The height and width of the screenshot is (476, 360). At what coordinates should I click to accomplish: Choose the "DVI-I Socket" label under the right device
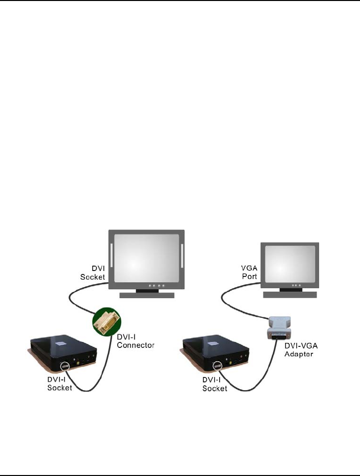coord(215,384)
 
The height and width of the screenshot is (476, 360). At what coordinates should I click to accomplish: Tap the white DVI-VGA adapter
coord(279,327)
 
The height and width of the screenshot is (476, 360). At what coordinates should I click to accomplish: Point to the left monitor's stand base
coord(147,295)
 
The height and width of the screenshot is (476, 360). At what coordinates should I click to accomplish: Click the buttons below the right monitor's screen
coord(296,285)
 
